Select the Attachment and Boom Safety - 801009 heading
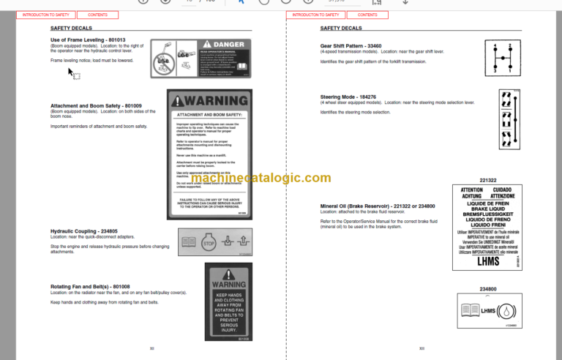96,106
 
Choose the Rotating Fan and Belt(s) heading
90,286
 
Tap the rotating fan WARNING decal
228,301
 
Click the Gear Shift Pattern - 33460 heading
351,45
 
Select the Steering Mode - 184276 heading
348,97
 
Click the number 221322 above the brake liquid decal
488,180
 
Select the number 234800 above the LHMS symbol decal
488,289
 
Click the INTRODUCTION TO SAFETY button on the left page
45,15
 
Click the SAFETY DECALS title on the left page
69,29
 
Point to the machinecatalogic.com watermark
281,179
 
